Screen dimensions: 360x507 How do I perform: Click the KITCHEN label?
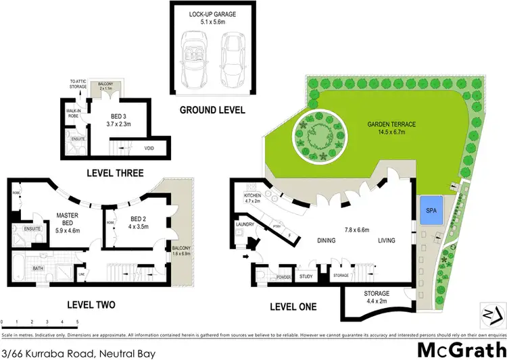point(252,197)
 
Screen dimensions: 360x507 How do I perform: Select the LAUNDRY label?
point(245,224)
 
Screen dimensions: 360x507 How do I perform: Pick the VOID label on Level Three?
point(150,148)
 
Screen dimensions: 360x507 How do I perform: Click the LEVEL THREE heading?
point(115,173)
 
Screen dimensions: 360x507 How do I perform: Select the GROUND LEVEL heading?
point(212,110)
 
